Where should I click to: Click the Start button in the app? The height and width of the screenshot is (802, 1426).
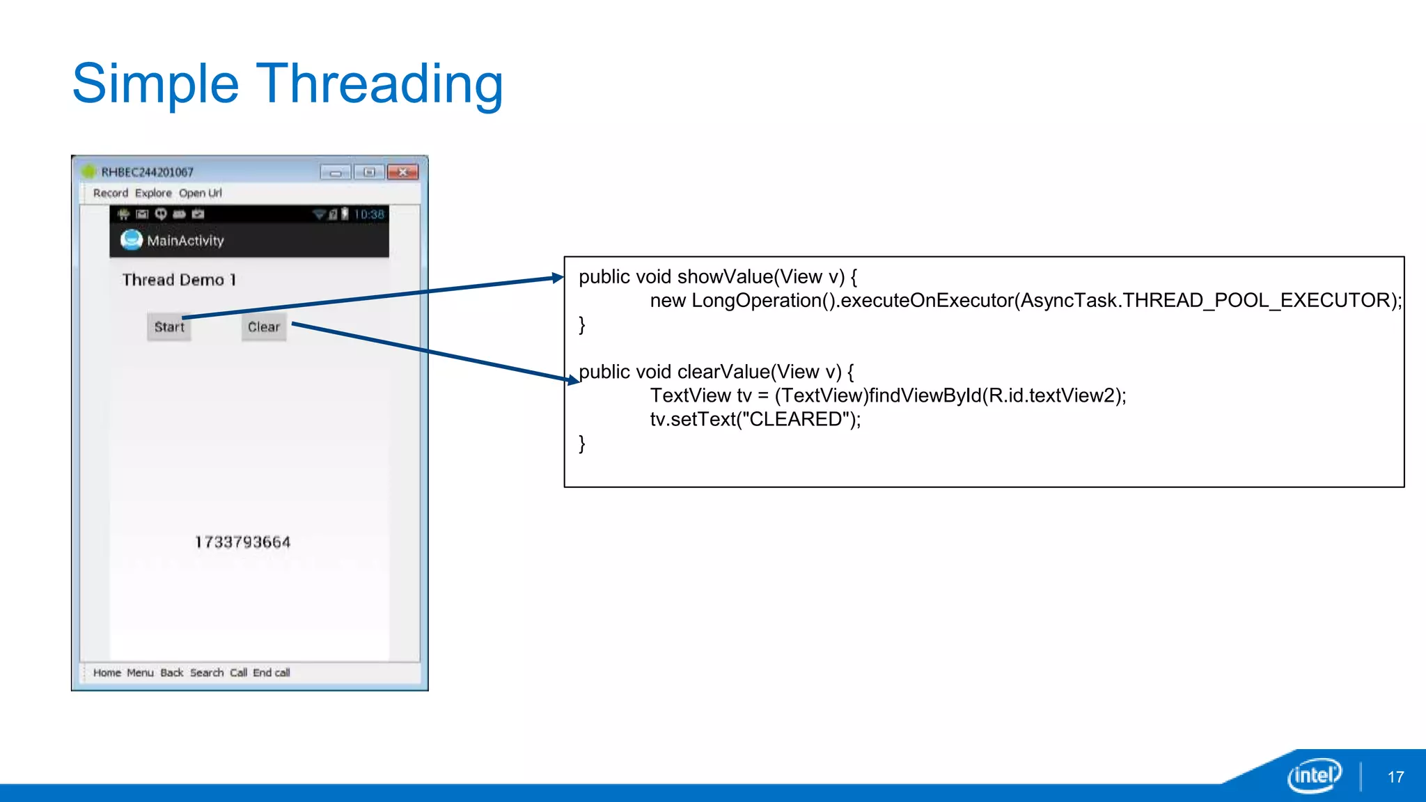[x=169, y=327]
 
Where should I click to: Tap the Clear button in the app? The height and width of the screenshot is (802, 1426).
[x=264, y=327]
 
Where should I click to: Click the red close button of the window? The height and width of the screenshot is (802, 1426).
[x=402, y=172]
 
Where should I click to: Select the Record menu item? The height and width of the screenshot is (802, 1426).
[x=111, y=193]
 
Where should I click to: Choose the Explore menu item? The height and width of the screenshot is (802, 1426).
[x=153, y=193]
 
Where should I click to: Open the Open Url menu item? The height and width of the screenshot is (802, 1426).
[x=201, y=193]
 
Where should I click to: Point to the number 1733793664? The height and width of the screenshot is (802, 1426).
[x=242, y=542]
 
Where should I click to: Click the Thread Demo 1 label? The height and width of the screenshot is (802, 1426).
[x=179, y=280]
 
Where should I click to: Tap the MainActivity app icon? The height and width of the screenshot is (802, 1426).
[x=131, y=240]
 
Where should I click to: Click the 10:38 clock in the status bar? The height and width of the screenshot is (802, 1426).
[x=368, y=214]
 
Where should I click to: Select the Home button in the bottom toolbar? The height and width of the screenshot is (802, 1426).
[x=107, y=673]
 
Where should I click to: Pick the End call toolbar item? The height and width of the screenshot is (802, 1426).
[x=272, y=673]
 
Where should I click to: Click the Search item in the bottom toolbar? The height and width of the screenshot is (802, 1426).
[x=207, y=673]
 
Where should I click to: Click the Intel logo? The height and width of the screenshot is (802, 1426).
[x=1314, y=775]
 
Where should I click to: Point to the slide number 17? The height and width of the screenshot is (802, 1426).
[x=1395, y=777]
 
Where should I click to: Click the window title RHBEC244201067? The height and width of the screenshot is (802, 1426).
[x=148, y=172]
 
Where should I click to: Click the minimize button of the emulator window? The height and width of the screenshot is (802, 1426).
[x=336, y=172]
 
